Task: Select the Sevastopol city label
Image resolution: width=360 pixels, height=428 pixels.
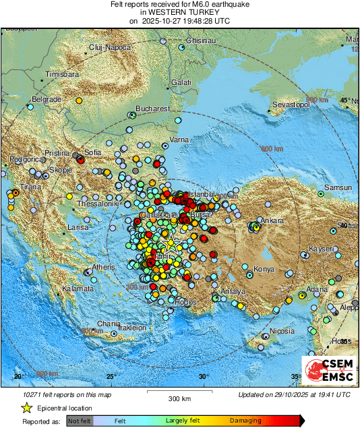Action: (291, 105)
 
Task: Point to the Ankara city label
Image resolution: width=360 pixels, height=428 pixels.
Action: (273, 220)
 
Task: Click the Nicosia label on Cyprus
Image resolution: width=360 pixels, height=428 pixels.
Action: (282, 331)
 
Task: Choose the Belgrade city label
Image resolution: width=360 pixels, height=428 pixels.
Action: (48, 99)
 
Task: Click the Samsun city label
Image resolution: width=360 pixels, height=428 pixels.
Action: (338, 187)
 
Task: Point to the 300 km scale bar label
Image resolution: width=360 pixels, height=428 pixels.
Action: (179, 399)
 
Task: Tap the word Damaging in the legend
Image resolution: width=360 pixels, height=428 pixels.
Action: (246, 419)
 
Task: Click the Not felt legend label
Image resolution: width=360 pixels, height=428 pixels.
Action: (80, 420)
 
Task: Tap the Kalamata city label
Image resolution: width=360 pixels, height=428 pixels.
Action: (77, 288)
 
